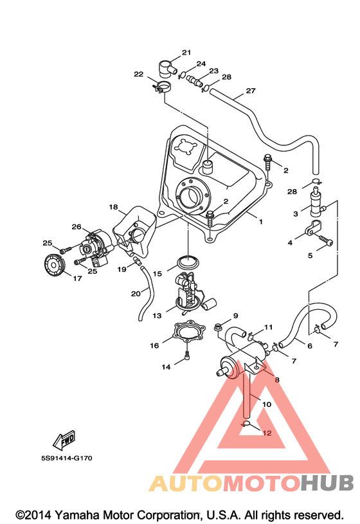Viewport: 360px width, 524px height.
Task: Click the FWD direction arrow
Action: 64,440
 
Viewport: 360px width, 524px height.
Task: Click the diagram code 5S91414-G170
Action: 67,458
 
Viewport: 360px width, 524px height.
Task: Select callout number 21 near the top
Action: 186,53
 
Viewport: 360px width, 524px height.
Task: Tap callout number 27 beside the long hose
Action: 251,91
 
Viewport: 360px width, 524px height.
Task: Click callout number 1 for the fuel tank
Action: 261,221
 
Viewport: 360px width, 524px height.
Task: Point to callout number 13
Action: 157,316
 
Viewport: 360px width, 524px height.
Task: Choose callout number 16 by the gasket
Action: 154,345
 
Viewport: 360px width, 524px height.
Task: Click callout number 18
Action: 113,207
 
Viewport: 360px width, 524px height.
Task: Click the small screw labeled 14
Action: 186,356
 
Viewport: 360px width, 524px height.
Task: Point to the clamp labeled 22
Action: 161,87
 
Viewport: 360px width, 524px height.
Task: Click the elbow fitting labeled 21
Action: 167,68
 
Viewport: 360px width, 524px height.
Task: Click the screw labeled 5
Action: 325,240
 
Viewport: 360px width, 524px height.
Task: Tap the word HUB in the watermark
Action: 327,483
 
